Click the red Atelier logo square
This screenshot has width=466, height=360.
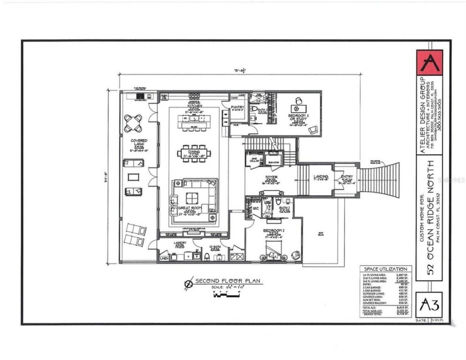tap(429, 63)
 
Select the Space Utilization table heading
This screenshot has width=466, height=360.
tap(386, 268)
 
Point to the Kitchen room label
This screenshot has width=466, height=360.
tap(194, 105)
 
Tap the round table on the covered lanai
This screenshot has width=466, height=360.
tap(133, 123)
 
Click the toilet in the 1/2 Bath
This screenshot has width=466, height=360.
tap(207, 256)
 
